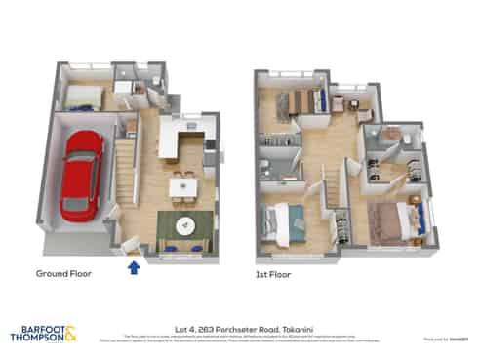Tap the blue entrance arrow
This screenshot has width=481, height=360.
pos(134,264)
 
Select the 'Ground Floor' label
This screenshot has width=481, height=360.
pos(63,274)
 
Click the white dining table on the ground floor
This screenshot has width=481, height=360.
pos(181,184)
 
